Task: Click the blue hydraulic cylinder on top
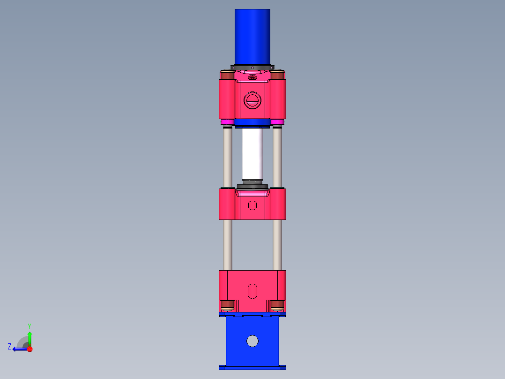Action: point(252,37)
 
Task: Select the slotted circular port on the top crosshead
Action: point(252,100)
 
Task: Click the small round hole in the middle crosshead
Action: point(252,205)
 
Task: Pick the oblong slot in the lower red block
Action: point(252,291)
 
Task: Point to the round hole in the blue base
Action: point(252,341)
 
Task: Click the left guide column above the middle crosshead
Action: point(228,157)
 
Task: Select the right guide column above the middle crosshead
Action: point(277,157)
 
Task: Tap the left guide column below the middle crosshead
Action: point(228,244)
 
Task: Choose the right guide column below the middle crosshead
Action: point(277,244)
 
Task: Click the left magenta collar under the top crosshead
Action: point(227,122)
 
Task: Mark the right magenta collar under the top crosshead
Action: point(277,122)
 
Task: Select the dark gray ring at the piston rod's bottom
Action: point(252,187)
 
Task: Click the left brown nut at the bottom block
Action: point(228,305)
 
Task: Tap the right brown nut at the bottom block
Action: point(277,305)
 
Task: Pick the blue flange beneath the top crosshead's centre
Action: point(252,123)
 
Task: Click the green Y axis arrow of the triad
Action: point(30,337)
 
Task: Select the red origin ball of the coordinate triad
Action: point(30,349)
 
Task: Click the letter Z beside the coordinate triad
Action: point(9,346)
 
